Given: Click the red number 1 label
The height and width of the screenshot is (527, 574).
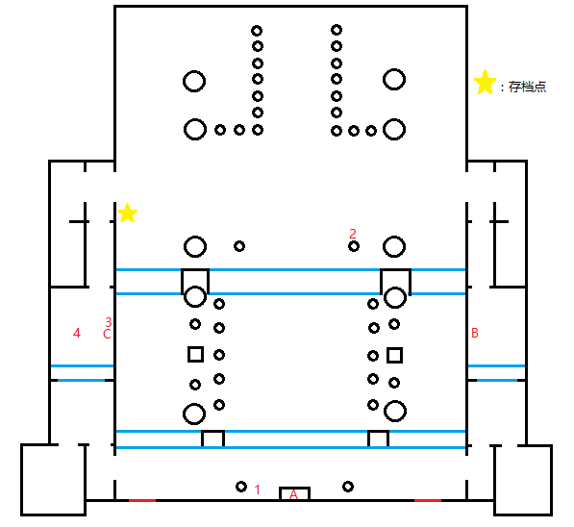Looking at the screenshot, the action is pyautogui.click(x=258, y=489).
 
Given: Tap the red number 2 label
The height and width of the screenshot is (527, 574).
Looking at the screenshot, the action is pyautogui.click(x=353, y=234).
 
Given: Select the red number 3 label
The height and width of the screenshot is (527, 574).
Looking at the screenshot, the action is pyautogui.click(x=109, y=322).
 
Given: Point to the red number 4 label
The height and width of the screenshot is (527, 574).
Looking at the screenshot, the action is pyautogui.click(x=77, y=333).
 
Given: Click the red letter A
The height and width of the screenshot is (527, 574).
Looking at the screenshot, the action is pyautogui.click(x=293, y=494).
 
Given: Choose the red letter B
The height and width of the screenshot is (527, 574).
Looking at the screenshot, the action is pyautogui.click(x=475, y=333).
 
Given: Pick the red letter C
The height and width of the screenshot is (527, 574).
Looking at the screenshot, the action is pyautogui.click(x=107, y=334).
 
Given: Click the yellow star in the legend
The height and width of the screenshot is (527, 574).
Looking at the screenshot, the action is pyautogui.click(x=485, y=82).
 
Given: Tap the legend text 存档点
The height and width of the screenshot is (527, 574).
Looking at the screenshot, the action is pyautogui.click(x=527, y=88).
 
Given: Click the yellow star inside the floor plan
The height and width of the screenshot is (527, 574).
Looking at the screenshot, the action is pyautogui.click(x=127, y=213).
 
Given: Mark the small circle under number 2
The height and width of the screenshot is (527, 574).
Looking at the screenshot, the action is pyautogui.click(x=354, y=246).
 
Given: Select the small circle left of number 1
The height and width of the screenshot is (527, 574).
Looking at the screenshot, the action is pyautogui.click(x=241, y=487).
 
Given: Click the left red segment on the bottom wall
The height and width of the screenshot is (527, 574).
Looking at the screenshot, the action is pyautogui.click(x=142, y=500).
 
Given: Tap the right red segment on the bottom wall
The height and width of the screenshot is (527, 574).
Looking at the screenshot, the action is pyautogui.click(x=428, y=500).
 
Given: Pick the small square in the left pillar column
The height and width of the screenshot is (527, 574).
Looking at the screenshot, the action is pyautogui.click(x=195, y=355).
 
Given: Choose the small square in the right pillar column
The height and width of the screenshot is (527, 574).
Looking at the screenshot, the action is pyautogui.click(x=394, y=356).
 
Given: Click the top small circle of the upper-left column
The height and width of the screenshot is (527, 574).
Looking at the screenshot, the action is pyautogui.click(x=257, y=31).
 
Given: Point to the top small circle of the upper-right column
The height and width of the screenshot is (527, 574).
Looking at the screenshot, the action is pyautogui.click(x=337, y=30).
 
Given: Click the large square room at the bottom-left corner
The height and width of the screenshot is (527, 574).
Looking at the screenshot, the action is pyautogui.click(x=21, y=480).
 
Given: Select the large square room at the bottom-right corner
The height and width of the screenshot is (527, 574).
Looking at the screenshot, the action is pyautogui.click(x=551, y=480).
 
